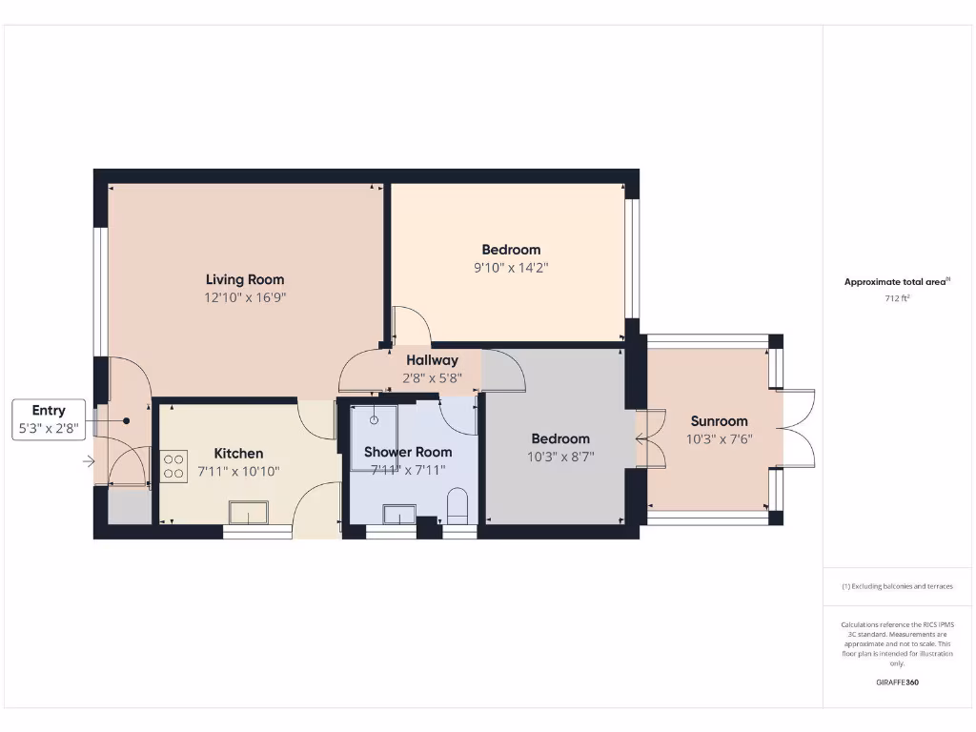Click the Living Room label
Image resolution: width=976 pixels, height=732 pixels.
pyautogui.click(x=245, y=279)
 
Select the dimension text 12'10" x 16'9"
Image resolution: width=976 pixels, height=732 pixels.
pyautogui.click(x=245, y=297)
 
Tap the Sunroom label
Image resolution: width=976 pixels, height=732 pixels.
pyautogui.click(x=719, y=420)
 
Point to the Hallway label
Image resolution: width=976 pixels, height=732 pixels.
pyautogui.click(x=432, y=360)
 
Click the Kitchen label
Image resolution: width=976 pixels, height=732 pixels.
pyautogui.click(x=238, y=453)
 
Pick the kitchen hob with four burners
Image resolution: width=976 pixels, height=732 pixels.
pyautogui.click(x=174, y=466)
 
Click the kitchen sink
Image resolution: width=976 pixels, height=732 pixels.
pyautogui.click(x=248, y=514)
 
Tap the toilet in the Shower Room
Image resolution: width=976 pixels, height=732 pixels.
pyautogui.click(x=457, y=505)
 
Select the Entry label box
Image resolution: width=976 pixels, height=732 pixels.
pyautogui.click(x=49, y=420)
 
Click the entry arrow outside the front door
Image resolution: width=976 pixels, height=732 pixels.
pyautogui.click(x=89, y=462)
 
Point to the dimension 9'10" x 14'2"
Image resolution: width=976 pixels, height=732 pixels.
pyautogui.click(x=511, y=268)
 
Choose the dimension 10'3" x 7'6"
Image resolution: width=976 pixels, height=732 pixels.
pyautogui.click(x=719, y=438)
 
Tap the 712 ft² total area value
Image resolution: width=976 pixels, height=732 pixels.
pyautogui.click(x=896, y=298)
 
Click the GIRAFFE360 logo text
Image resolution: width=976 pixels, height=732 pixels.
pyautogui.click(x=897, y=682)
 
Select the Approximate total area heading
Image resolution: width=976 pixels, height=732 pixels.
pyautogui.click(x=896, y=281)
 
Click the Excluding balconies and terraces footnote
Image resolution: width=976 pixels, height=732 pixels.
pyautogui.click(x=897, y=586)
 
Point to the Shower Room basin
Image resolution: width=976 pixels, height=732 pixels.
pyautogui.click(x=394, y=515)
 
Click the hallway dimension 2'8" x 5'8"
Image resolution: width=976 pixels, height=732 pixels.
pyautogui.click(x=432, y=377)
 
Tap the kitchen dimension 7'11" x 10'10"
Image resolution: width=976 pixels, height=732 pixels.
pyautogui.click(x=238, y=471)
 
